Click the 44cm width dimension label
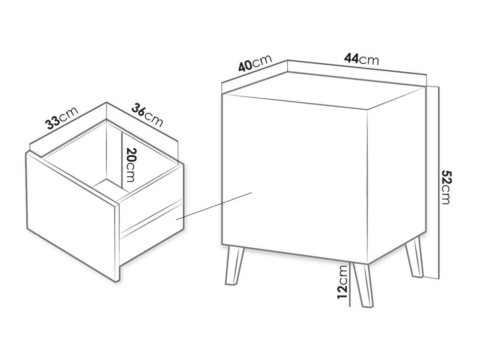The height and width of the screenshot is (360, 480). (x=361, y=59)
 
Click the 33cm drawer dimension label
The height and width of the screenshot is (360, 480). (x=62, y=118)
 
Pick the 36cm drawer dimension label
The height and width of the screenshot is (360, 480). (x=147, y=116)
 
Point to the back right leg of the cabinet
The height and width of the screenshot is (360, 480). (x=414, y=257)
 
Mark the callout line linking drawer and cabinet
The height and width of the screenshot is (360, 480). (x=214, y=206)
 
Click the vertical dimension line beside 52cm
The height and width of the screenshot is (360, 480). (x=439, y=183)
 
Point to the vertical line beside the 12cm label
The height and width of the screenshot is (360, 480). (x=350, y=284)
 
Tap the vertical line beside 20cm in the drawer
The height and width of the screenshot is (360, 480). (x=121, y=162)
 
